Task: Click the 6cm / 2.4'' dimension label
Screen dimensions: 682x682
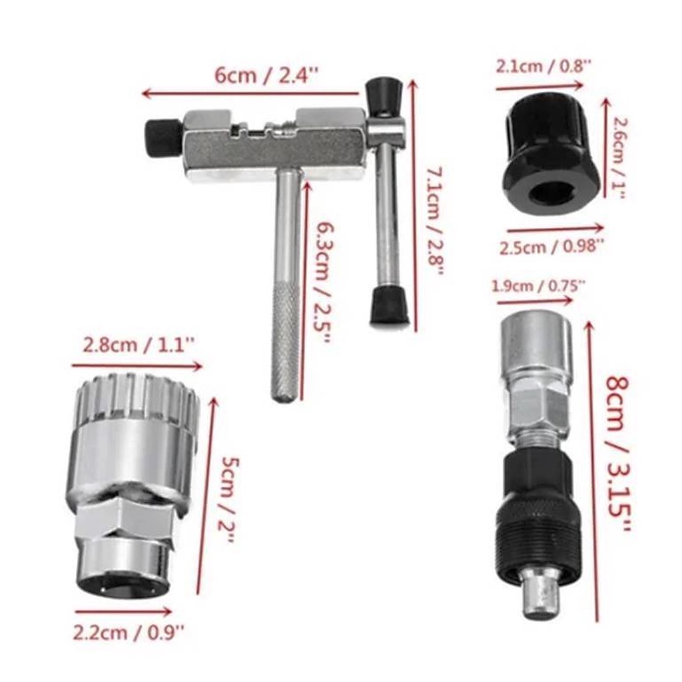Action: (267, 75)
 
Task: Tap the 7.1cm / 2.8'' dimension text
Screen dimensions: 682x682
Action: (434, 221)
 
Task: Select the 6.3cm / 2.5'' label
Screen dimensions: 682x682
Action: (324, 282)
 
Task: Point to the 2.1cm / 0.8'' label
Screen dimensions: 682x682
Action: (543, 67)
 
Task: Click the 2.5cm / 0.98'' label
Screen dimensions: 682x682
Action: (552, 247)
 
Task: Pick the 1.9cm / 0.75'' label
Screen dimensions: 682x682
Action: (538, 286)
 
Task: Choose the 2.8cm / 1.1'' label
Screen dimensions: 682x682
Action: (139, 346)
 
